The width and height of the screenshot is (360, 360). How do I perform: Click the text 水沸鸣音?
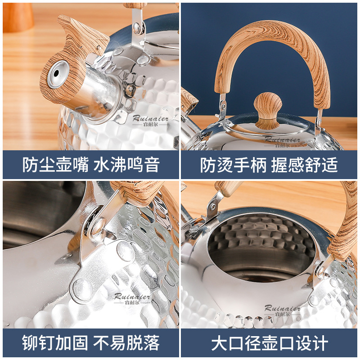126,165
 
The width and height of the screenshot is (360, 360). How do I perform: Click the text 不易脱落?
126,343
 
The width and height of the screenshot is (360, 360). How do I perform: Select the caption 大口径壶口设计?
270,343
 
